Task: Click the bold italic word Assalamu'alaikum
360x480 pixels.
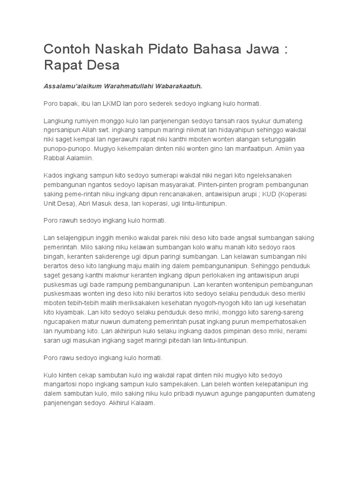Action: tap(73, 86)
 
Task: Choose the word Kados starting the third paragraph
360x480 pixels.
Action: tap(53, 176)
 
